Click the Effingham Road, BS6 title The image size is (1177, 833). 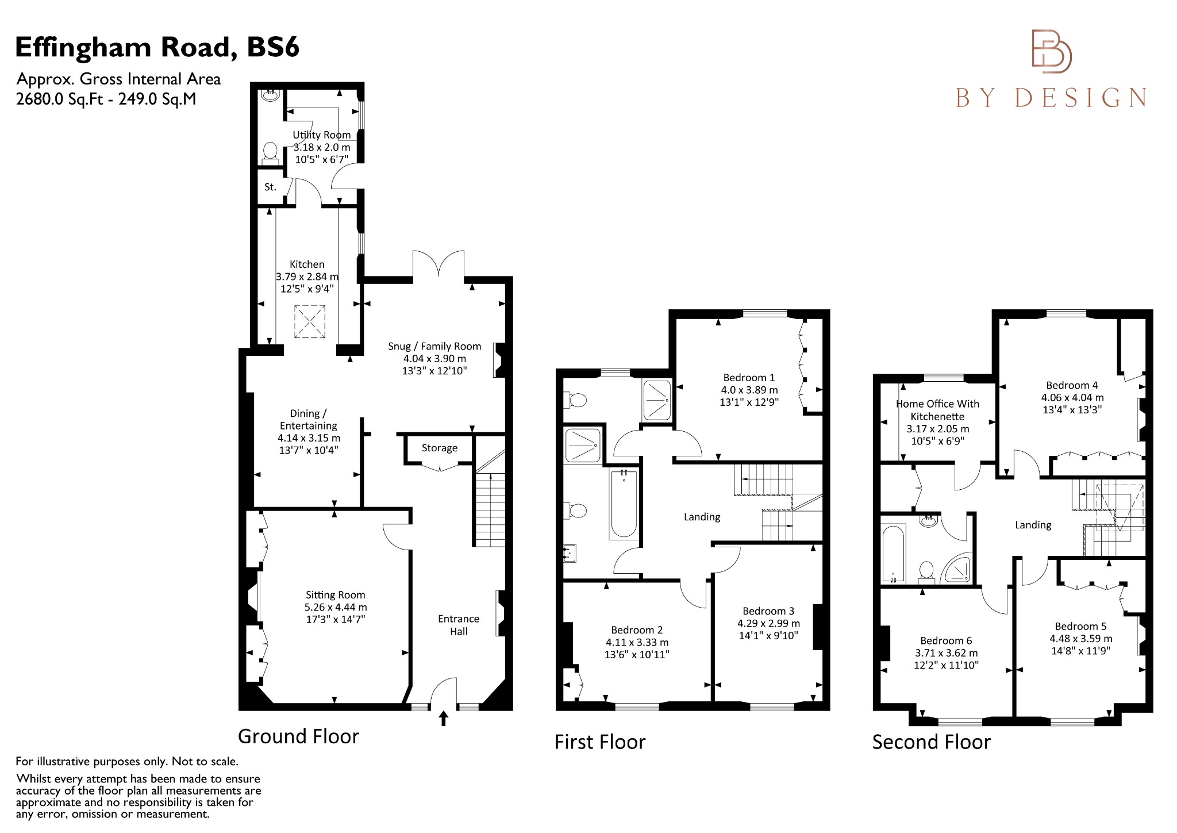(157, 48)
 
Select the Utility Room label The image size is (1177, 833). (321, 135)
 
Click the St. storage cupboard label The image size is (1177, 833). (270, 187)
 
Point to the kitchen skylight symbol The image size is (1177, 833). (310, 322)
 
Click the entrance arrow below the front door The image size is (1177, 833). (443, 719)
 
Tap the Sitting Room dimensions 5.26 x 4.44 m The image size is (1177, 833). (336, 607)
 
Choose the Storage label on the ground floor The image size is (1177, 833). (440, 448)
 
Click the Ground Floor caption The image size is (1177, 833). (298, 736)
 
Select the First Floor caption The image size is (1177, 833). (600, 742)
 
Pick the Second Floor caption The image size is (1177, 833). (932, 742)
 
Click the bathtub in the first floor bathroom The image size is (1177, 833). (623, 504)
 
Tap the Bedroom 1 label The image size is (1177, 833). (749, 378)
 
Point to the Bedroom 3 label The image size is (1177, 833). (768, 611)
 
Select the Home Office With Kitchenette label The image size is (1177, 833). (938, 410)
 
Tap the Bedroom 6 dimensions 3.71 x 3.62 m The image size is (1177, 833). (946, 653)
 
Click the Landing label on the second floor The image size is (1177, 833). (1033, 525)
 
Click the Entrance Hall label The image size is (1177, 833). (459, 625)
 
